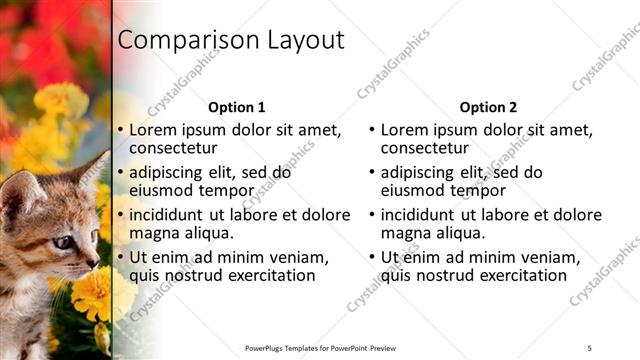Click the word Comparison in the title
[187, 41]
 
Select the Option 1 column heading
[237, 107]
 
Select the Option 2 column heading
[489, 107]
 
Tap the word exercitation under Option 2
[507, 275]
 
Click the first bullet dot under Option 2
[372, 131]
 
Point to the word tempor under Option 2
[475, 190]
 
